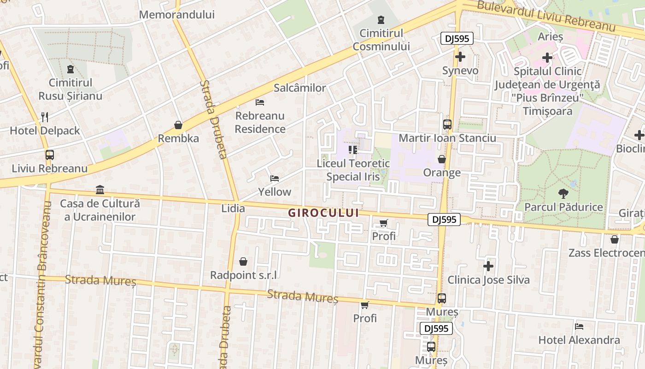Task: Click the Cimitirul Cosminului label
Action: [381, 40]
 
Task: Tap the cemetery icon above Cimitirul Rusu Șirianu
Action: [70, 69]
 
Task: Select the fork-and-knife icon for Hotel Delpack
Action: [45, 117]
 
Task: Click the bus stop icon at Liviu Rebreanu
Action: [49, 155]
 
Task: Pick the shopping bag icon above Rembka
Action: [178, 125]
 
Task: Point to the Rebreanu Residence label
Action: [260, 122]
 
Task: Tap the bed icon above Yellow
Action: [275, 179]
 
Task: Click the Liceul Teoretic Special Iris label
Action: [353, 170]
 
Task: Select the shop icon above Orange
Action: [442, 160]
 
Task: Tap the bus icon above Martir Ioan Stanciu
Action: [447, 125]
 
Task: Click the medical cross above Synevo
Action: [460, 57]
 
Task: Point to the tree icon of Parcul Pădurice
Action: [563, 194]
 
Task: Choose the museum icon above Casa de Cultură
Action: [100, 190]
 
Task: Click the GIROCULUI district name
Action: [323, 213]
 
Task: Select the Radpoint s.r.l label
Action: [244, 275]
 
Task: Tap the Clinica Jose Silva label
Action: [488, 280]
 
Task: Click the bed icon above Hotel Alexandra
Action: [579, 327]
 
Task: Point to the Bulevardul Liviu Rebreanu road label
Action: [546, 16]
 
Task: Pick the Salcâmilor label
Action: [300, 88]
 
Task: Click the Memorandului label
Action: [177, 15]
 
